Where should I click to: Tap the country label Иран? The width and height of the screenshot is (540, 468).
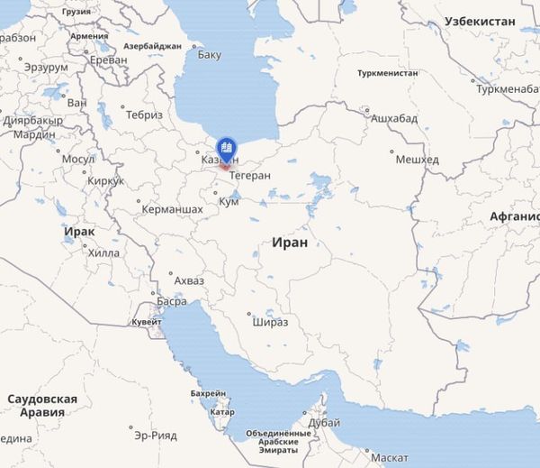(289, 243)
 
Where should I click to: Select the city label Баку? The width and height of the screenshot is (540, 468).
(209, 55)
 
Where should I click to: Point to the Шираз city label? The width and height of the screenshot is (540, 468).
(270, 322)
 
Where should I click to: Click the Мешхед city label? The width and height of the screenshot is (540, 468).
(418, 160)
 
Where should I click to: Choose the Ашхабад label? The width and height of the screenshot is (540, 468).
(394, 118)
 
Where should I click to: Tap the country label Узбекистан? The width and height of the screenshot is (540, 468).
(481, 21)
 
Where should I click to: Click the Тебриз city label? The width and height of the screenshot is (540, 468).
(144, 115)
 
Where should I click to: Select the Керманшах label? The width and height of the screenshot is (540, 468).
(172, 209)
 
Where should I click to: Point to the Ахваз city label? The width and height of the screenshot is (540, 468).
(188, 280)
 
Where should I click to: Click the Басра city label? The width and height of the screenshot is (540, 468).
(172, 301)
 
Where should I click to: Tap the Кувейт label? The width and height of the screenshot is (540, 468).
(147, 322)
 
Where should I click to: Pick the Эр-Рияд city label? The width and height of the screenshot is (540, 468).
(155, 435)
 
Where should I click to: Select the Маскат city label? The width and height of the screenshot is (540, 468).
(389, 457)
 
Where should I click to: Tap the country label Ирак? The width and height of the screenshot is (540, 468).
(79, 232)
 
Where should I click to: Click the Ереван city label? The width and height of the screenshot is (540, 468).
(108, 60)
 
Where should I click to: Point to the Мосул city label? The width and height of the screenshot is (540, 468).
(77, 160)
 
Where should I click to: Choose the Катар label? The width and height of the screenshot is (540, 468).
(221, 412)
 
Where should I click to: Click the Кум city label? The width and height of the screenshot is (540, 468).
(229, 202)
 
